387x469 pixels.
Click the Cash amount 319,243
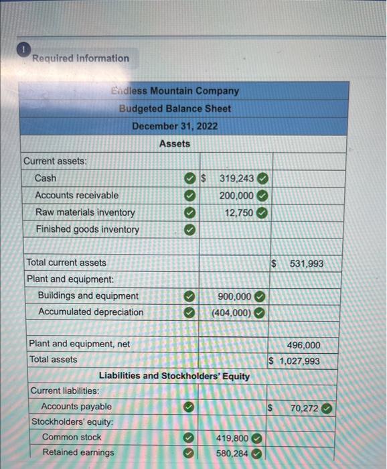pos(236,179)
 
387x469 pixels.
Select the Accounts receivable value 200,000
pos(236,196)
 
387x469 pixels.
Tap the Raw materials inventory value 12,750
pos(239,212)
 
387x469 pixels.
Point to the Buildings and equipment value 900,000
pos(234,296)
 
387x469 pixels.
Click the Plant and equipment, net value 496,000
pos(303,345)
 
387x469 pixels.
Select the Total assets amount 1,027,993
pos(299,361)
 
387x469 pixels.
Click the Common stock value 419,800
pos(232,438)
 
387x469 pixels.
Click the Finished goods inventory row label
pos(87,229)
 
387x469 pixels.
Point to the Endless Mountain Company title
pos(175,90)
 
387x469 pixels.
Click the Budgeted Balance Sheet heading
pos(175,109)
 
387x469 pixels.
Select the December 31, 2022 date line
pos(175,126)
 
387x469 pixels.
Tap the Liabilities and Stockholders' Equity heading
pos(174,376)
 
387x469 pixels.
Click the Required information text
pos(80,58)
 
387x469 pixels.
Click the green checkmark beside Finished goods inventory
pos(190,230)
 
